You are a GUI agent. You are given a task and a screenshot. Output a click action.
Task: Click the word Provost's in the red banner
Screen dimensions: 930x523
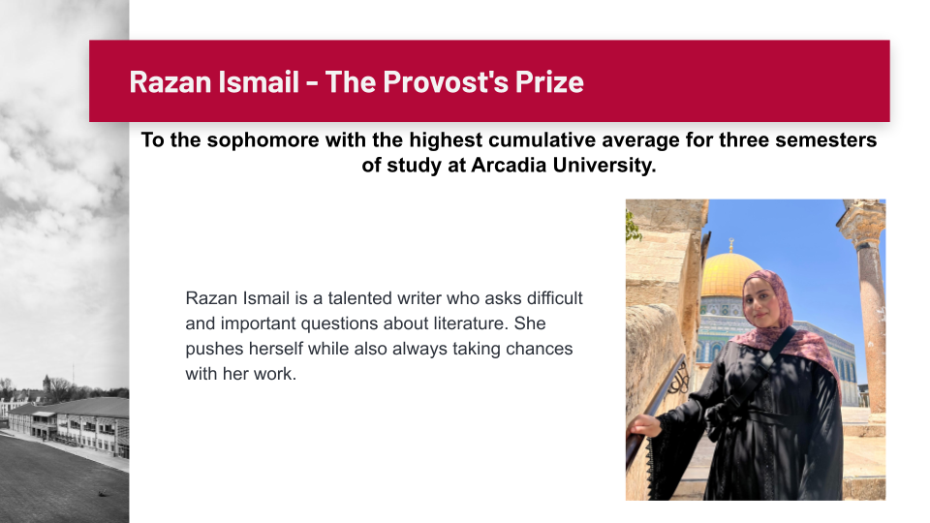pos(446,81)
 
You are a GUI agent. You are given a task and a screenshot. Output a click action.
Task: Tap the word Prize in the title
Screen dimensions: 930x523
pos(549,81)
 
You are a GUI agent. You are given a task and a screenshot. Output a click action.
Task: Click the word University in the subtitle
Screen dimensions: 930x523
pos(604,165)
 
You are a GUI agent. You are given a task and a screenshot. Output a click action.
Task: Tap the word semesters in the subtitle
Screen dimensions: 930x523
pos(827,139)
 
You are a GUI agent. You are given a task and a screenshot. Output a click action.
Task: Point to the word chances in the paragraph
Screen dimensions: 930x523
pos(540,349)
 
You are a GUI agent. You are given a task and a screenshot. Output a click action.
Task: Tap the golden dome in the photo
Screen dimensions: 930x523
pos(728,273)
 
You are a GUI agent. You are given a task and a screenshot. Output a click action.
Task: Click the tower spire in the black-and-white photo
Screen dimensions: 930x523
pos(46,384)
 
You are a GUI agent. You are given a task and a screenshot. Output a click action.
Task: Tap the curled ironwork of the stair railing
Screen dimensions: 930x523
pos(679,378)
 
